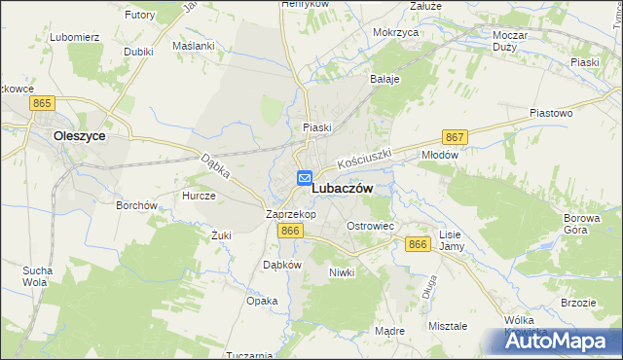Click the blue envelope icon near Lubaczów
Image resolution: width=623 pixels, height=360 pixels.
pos(304,177)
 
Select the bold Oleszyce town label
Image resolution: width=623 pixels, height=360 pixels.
pos(80,137)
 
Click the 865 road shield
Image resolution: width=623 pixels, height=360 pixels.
pos(41,102)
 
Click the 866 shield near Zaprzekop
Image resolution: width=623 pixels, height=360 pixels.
pos(289,230)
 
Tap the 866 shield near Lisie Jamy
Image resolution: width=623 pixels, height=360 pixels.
pos(419,244)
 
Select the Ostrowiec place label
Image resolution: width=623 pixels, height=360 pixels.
pos(370,226)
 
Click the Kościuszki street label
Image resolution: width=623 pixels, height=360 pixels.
pos(364,159)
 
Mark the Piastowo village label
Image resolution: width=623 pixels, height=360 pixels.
pos(550,113)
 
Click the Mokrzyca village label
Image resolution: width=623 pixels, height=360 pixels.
pos(395,32)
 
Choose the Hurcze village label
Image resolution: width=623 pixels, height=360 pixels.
pos(199,195)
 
